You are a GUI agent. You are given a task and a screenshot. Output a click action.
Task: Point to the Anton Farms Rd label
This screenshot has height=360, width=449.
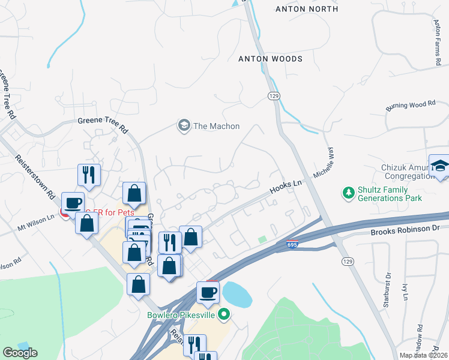[x=437, y=42]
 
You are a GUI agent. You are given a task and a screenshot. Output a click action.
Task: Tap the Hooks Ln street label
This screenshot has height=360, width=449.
[x=285, y=187]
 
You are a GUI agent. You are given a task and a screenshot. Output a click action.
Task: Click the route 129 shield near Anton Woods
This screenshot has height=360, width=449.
[x=273, y=96]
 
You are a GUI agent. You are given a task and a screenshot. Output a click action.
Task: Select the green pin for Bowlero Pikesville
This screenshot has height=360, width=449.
[x=224, y=314]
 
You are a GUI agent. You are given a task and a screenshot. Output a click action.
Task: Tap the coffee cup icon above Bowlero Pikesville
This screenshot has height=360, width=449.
[x=208, y=292]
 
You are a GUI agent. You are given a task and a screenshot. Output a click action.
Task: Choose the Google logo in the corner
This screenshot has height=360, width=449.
[x=20, y=352]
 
